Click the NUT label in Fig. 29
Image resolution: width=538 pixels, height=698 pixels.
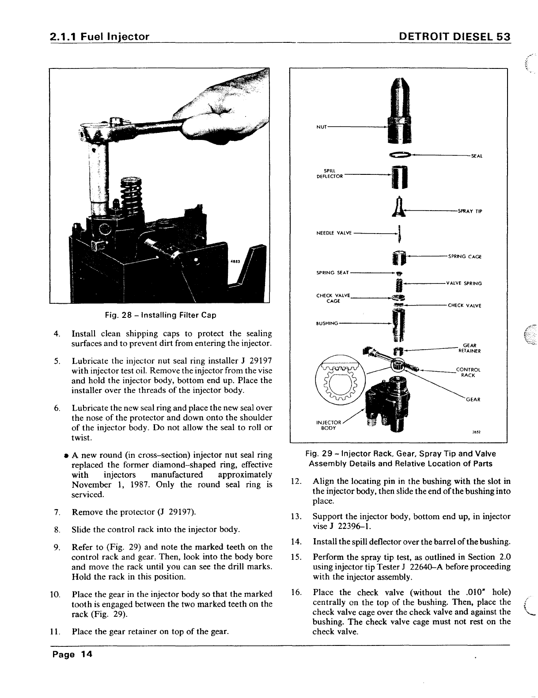pos(321,127)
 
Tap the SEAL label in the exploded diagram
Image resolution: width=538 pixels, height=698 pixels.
pos(476,156)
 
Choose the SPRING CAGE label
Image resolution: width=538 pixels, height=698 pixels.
pos(464,257)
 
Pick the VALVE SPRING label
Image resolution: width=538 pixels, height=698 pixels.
pos(464,283)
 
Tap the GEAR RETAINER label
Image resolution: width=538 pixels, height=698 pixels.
pos(469,348)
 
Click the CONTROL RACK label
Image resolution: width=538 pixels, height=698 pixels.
pos(468,372)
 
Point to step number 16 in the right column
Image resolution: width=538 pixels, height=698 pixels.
pos(296,592)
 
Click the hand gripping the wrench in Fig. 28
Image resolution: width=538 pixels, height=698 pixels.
pos(230,104)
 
